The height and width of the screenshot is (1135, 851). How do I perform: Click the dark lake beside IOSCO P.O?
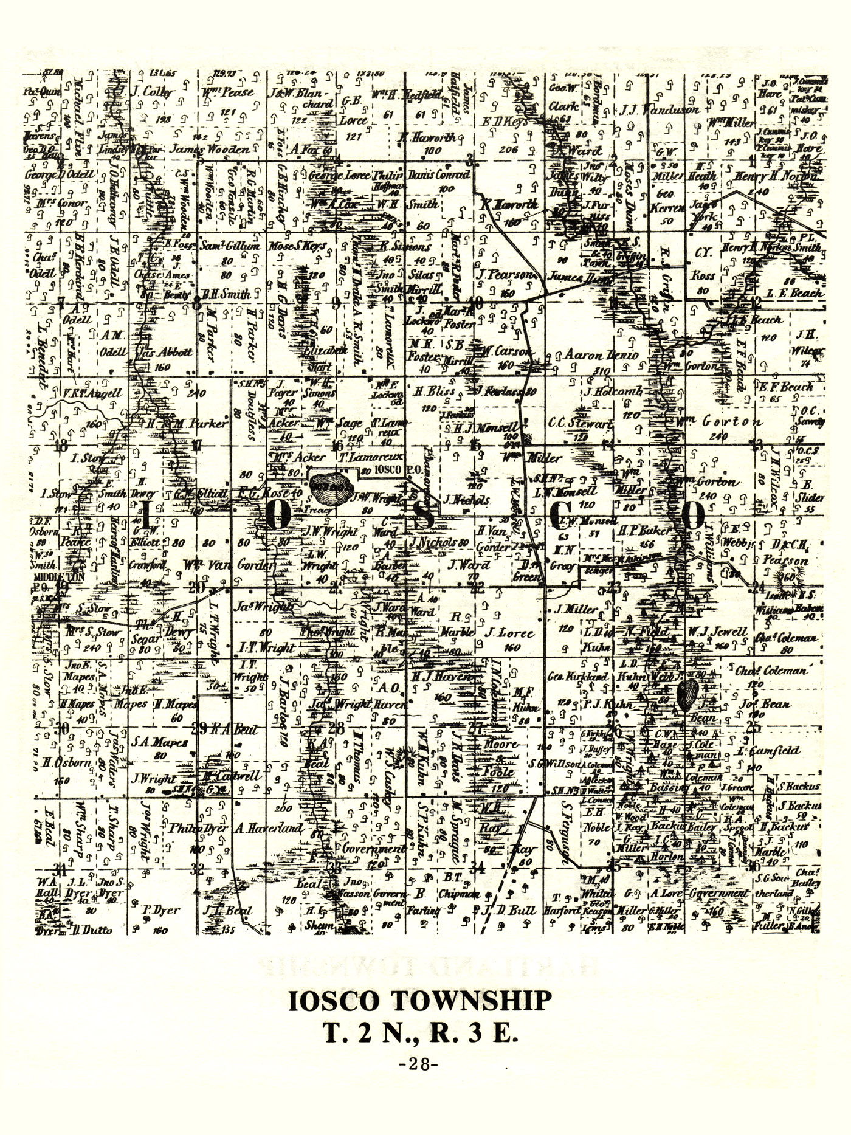pos(332,485)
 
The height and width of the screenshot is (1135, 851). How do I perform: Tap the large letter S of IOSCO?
pos(427,516)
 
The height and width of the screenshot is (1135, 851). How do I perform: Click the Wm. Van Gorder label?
pos(229,565)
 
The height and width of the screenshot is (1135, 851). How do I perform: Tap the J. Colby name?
pos(153,92)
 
